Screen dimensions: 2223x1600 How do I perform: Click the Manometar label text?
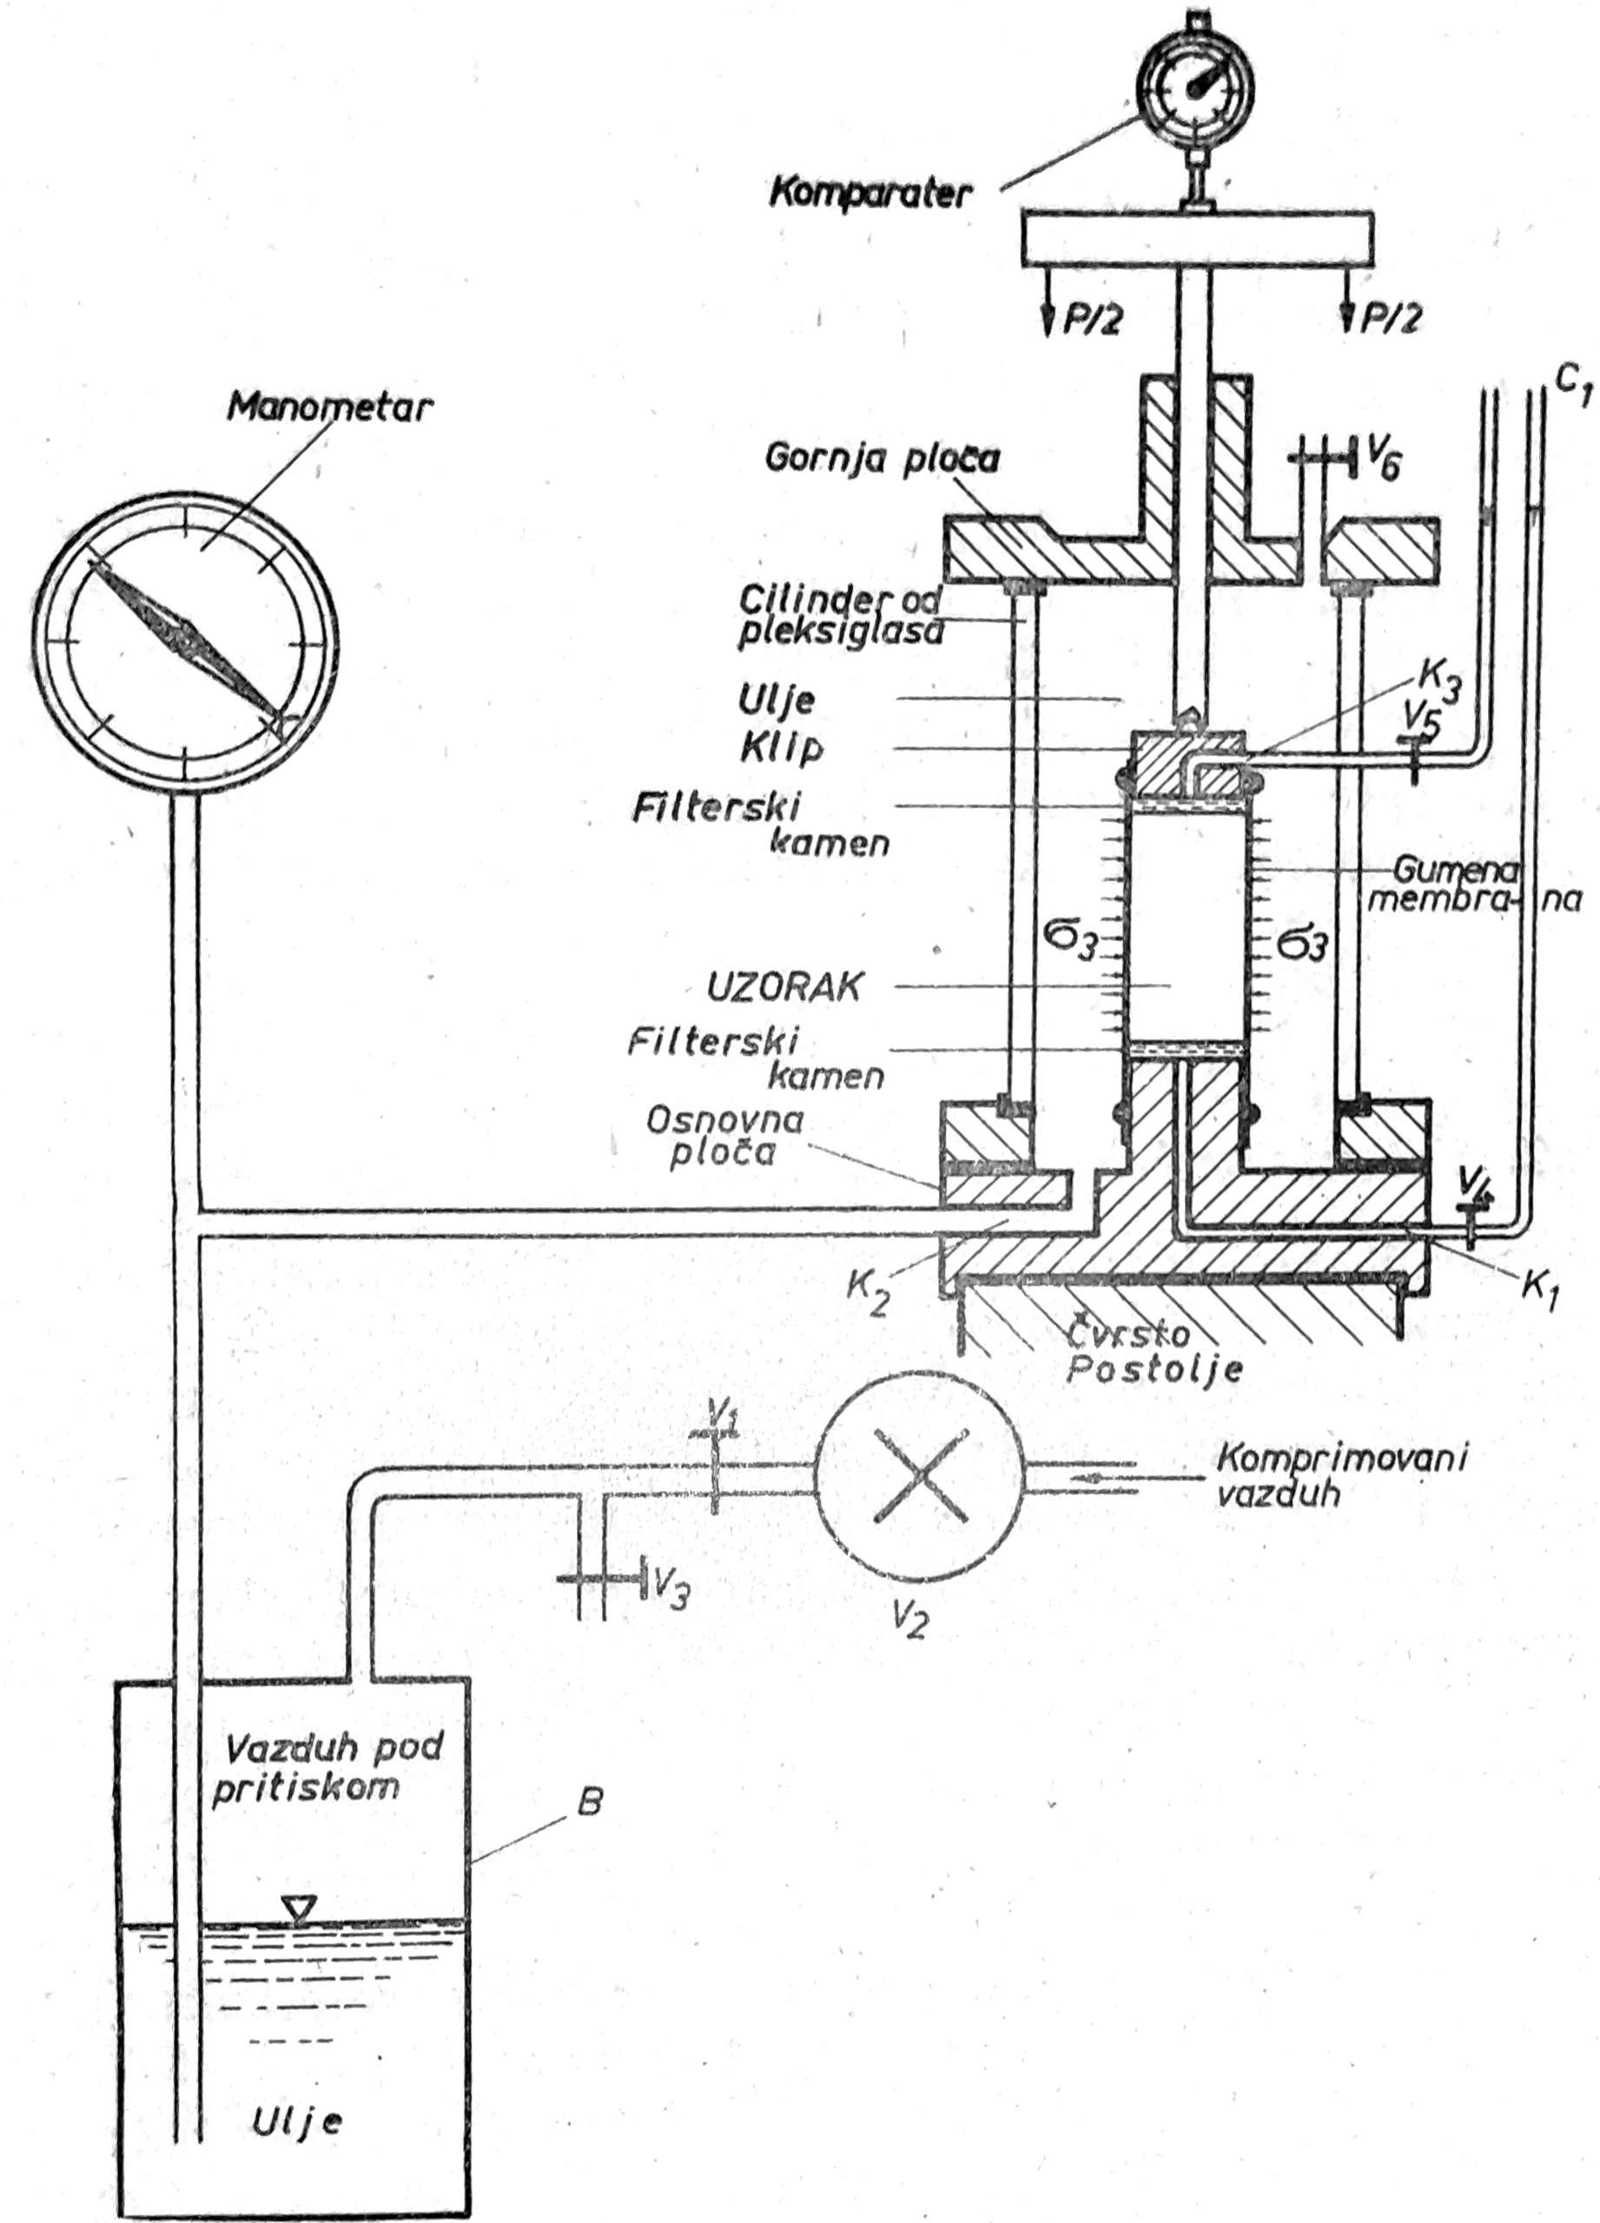[x=328, y=408]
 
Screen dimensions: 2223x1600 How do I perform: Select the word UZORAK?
[x=784, y=987]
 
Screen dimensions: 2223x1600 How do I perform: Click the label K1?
[x=1540, y=1286]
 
